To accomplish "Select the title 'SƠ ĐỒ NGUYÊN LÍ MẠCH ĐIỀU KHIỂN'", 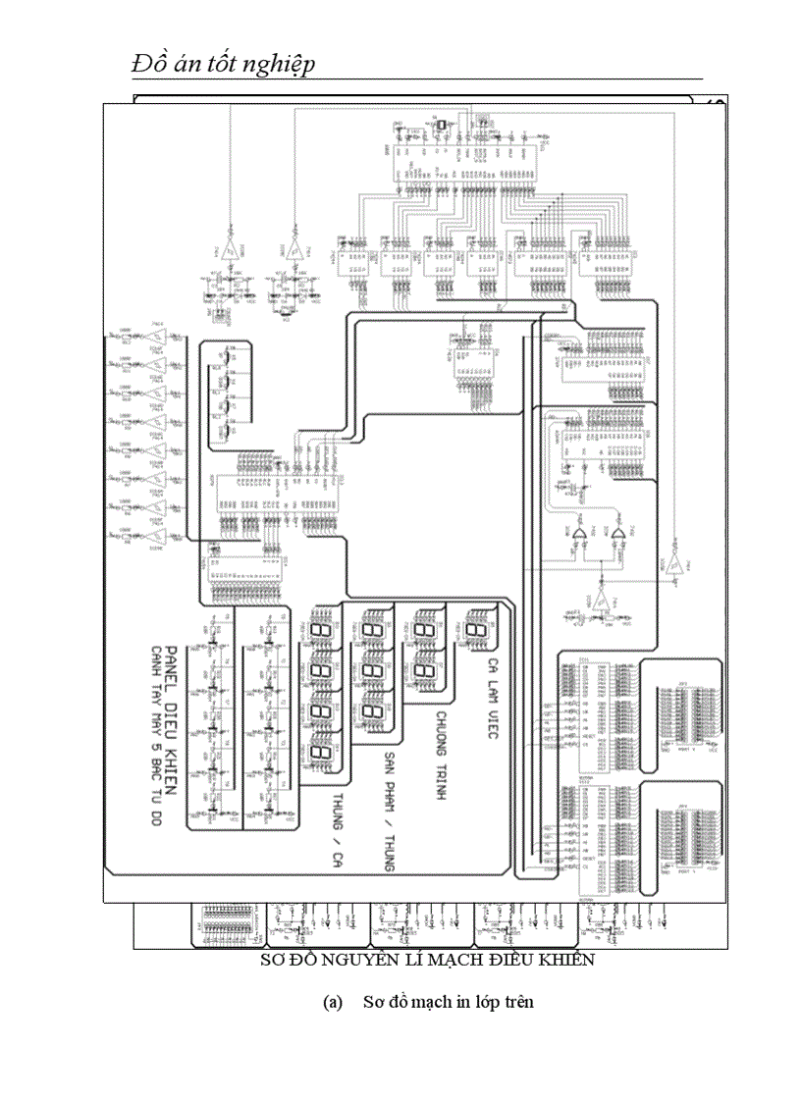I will click(427, 960).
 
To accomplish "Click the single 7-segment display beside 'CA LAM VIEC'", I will click(477, 628).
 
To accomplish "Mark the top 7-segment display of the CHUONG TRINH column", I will click(424, 628).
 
